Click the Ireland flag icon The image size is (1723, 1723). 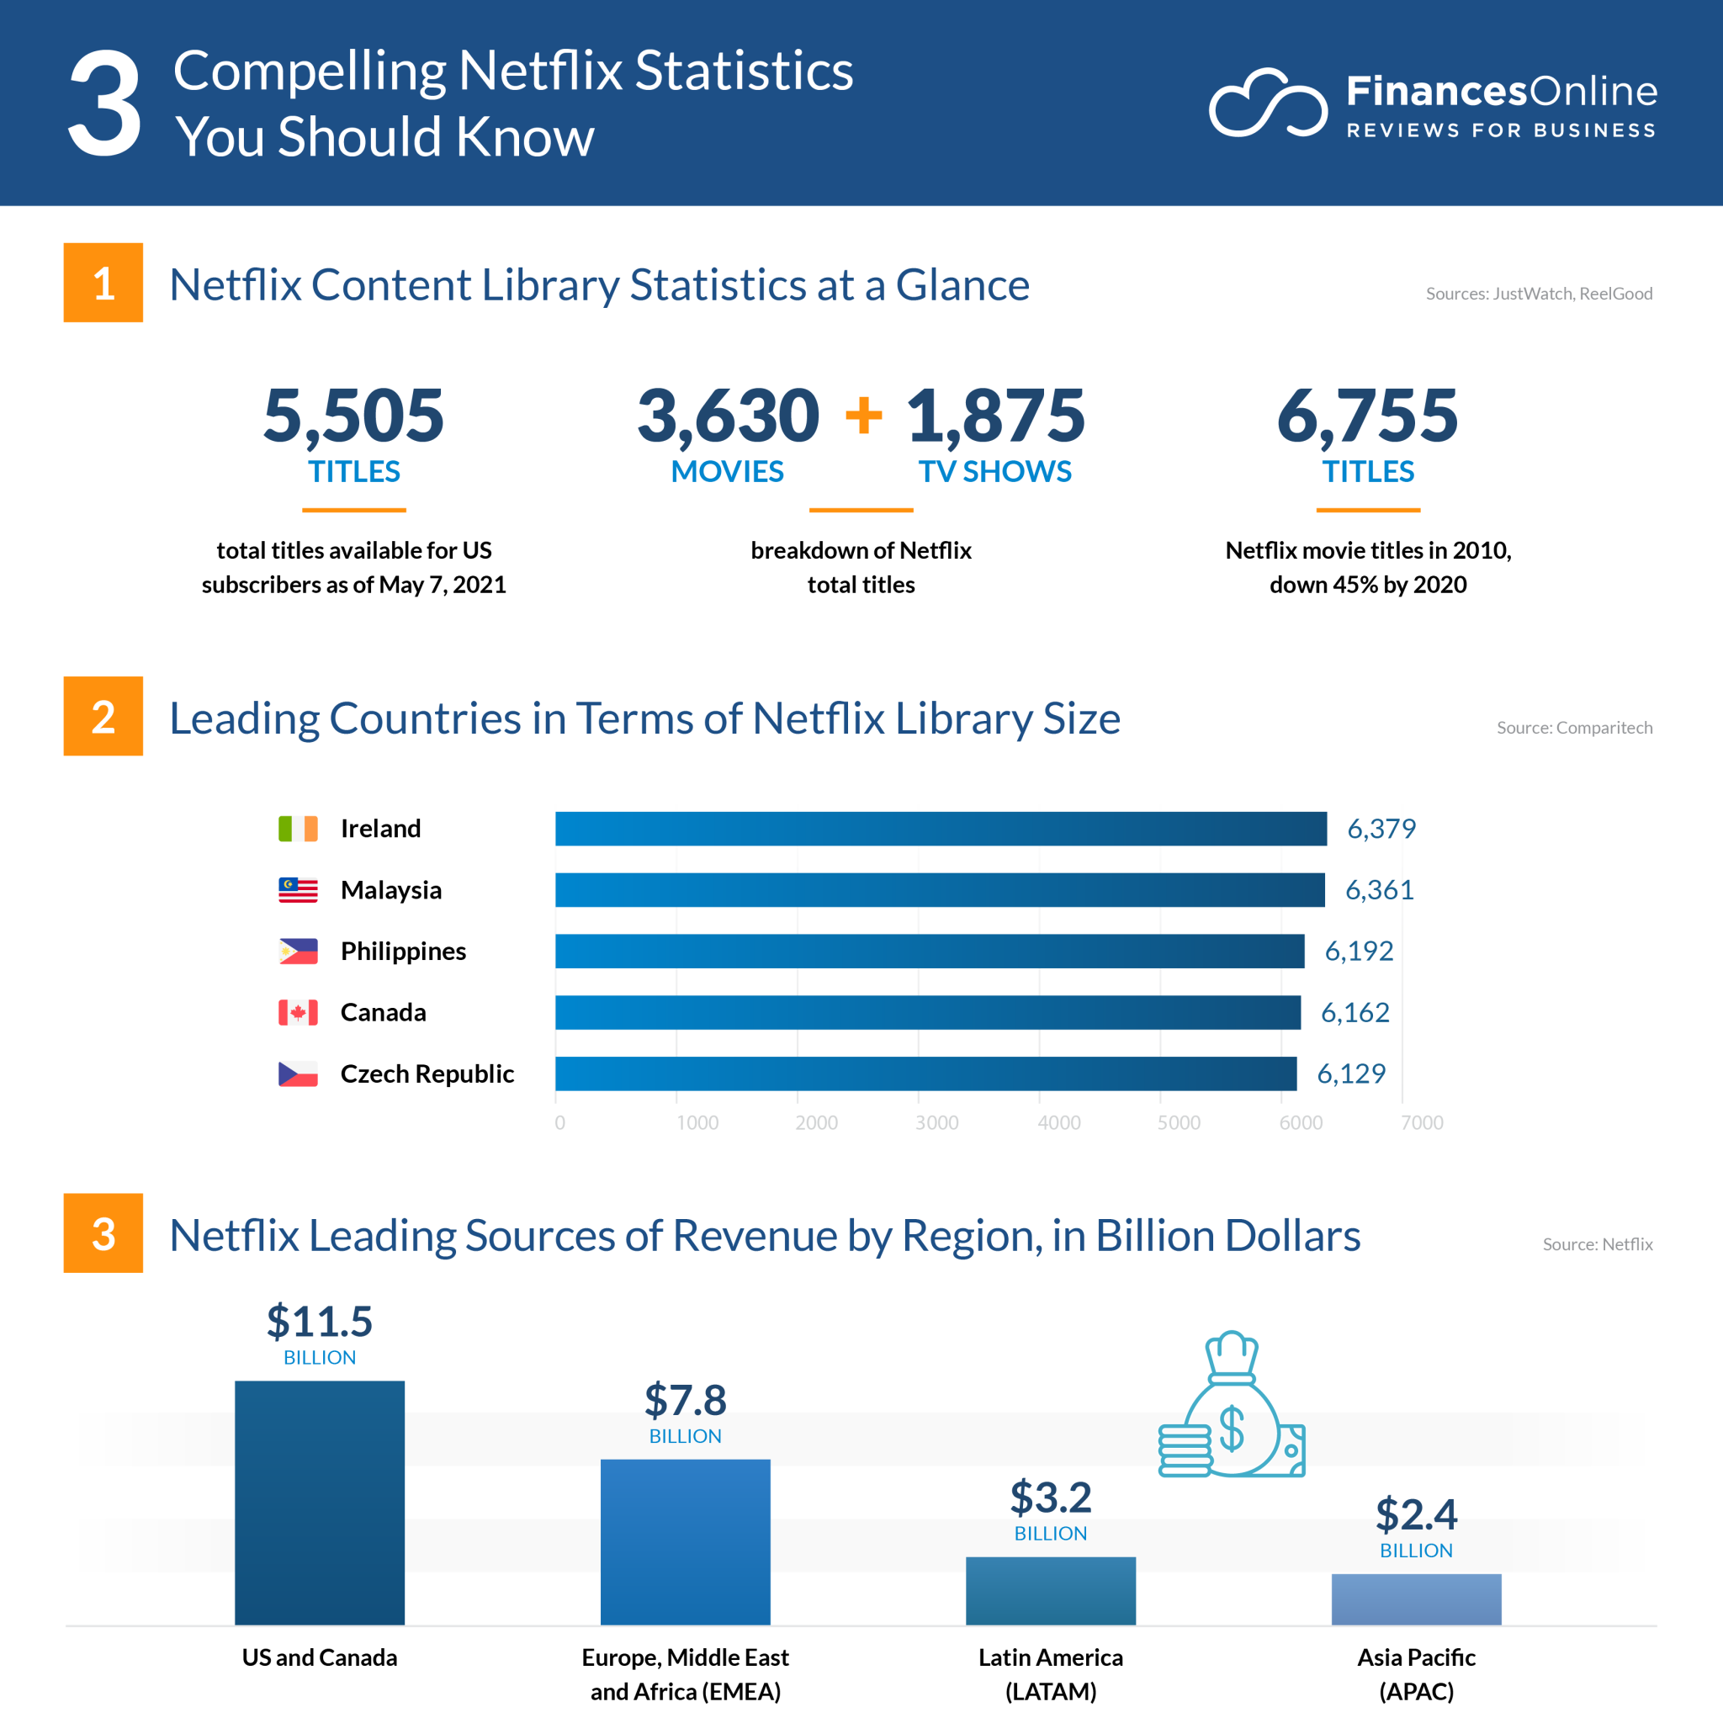pos(298,829)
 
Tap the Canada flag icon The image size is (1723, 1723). pos(298,1012)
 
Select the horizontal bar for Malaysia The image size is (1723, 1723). pos(940,890)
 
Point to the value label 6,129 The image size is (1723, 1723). pos(1351,1074)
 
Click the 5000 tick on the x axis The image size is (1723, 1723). pos(1179,1123)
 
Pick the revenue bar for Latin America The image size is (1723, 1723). pos(1051,1591)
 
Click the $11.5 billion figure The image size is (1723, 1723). pos(319,1322)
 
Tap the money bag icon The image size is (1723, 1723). pos(1233,1406)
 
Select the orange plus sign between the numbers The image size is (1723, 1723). pos(863,416)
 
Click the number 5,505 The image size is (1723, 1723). pos(353,416)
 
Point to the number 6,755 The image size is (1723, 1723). pos(1367,416)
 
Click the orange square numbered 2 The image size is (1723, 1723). pos(103,716)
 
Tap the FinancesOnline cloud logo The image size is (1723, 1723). pos(1268,103)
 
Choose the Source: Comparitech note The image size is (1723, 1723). pos(1574,728)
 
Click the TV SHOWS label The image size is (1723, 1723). pos(994,472)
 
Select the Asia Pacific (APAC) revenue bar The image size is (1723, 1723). pos(1416,1599)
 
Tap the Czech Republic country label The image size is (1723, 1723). pos(427,1074)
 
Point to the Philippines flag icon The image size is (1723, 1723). pos(298,952)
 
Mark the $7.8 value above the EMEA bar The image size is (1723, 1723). pos(685,1400)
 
